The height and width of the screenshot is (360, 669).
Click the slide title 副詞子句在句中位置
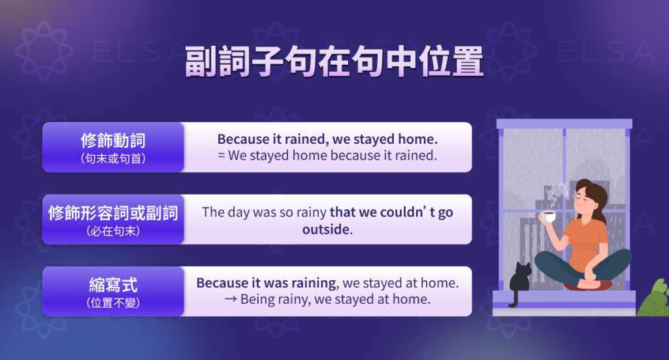point(334,61)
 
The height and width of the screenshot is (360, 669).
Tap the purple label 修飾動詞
point(113,140)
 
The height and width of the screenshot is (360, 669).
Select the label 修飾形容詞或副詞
point(113,212)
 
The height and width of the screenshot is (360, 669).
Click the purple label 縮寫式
point(113,285)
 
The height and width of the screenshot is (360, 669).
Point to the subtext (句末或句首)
point(113,158)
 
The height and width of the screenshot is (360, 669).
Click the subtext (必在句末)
point(113,231)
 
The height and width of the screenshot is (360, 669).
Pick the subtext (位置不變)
point(113,303)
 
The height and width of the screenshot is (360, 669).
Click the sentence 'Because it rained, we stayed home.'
point(327,139)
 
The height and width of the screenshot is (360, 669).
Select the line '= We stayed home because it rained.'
point(327,155)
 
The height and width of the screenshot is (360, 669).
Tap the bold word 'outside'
point(326,230)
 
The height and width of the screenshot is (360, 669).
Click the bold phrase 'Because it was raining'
point(267,283)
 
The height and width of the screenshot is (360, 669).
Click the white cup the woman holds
point(549,216)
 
